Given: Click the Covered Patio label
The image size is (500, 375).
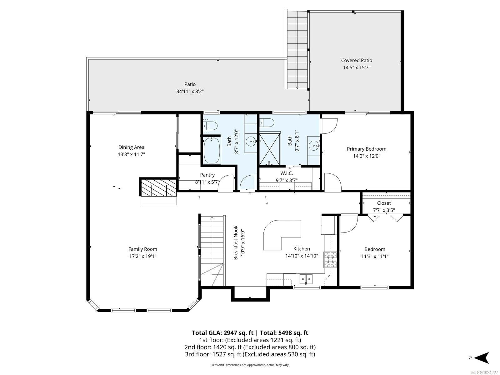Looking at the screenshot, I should point(356,60).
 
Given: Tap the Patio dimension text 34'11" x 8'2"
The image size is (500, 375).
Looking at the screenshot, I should point(190,92).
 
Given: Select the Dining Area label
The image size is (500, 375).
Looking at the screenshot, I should point(131,147).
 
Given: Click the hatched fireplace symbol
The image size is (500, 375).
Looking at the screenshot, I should point(159,187).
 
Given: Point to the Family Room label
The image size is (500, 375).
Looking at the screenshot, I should point(142,249).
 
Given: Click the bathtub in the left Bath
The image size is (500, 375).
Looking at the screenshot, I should point(212,150).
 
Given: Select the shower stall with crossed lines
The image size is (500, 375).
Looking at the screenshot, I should point(270,149).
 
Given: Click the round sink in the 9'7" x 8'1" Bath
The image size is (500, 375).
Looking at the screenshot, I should point(313,145).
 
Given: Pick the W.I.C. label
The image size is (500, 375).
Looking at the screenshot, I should point(287,173).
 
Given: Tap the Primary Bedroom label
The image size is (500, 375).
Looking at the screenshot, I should point(366,149).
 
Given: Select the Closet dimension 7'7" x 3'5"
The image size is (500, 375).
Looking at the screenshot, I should point(384,210).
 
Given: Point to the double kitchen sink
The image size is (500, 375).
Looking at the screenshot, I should point(306,278).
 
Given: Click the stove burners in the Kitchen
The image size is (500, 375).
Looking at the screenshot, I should point(330,259).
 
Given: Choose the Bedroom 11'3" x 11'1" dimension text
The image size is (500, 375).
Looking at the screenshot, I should point(374,256).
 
